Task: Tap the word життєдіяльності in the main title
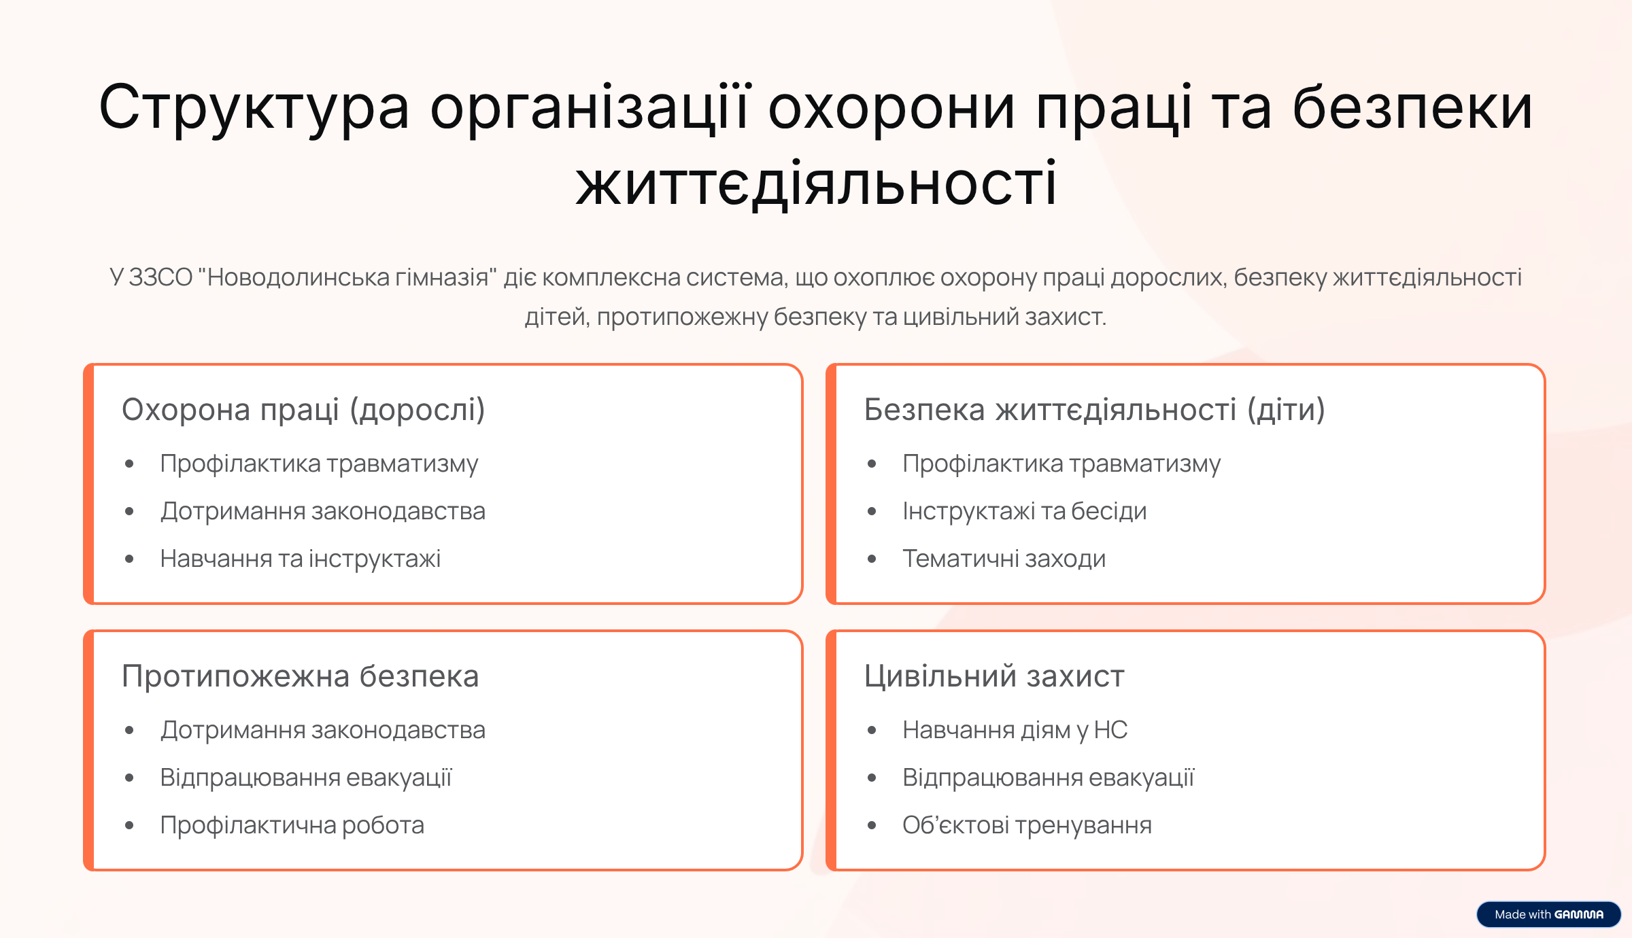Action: (816, 184)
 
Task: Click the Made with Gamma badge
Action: (1548, 914)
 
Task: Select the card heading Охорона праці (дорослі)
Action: (303, 410)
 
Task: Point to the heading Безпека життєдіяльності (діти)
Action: (1094, 410)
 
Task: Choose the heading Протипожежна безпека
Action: (301, 676)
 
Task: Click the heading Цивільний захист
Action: (994, 676)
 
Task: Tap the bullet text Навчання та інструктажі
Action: (301, 559)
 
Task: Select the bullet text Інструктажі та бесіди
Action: (1025, 511)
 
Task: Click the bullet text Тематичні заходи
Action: (1004, 559)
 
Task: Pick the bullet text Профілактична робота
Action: (292, 825)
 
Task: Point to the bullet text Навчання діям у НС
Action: (1015, 730)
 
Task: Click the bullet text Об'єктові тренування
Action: (1027, 825)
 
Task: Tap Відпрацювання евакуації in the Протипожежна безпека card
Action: (306, 778)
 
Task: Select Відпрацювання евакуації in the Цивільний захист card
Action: (1049, 778)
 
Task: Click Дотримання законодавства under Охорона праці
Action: (323, 511)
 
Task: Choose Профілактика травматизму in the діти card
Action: (1062, 464)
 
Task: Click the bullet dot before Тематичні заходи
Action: (872, 559)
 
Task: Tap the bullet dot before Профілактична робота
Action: (130, 826)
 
